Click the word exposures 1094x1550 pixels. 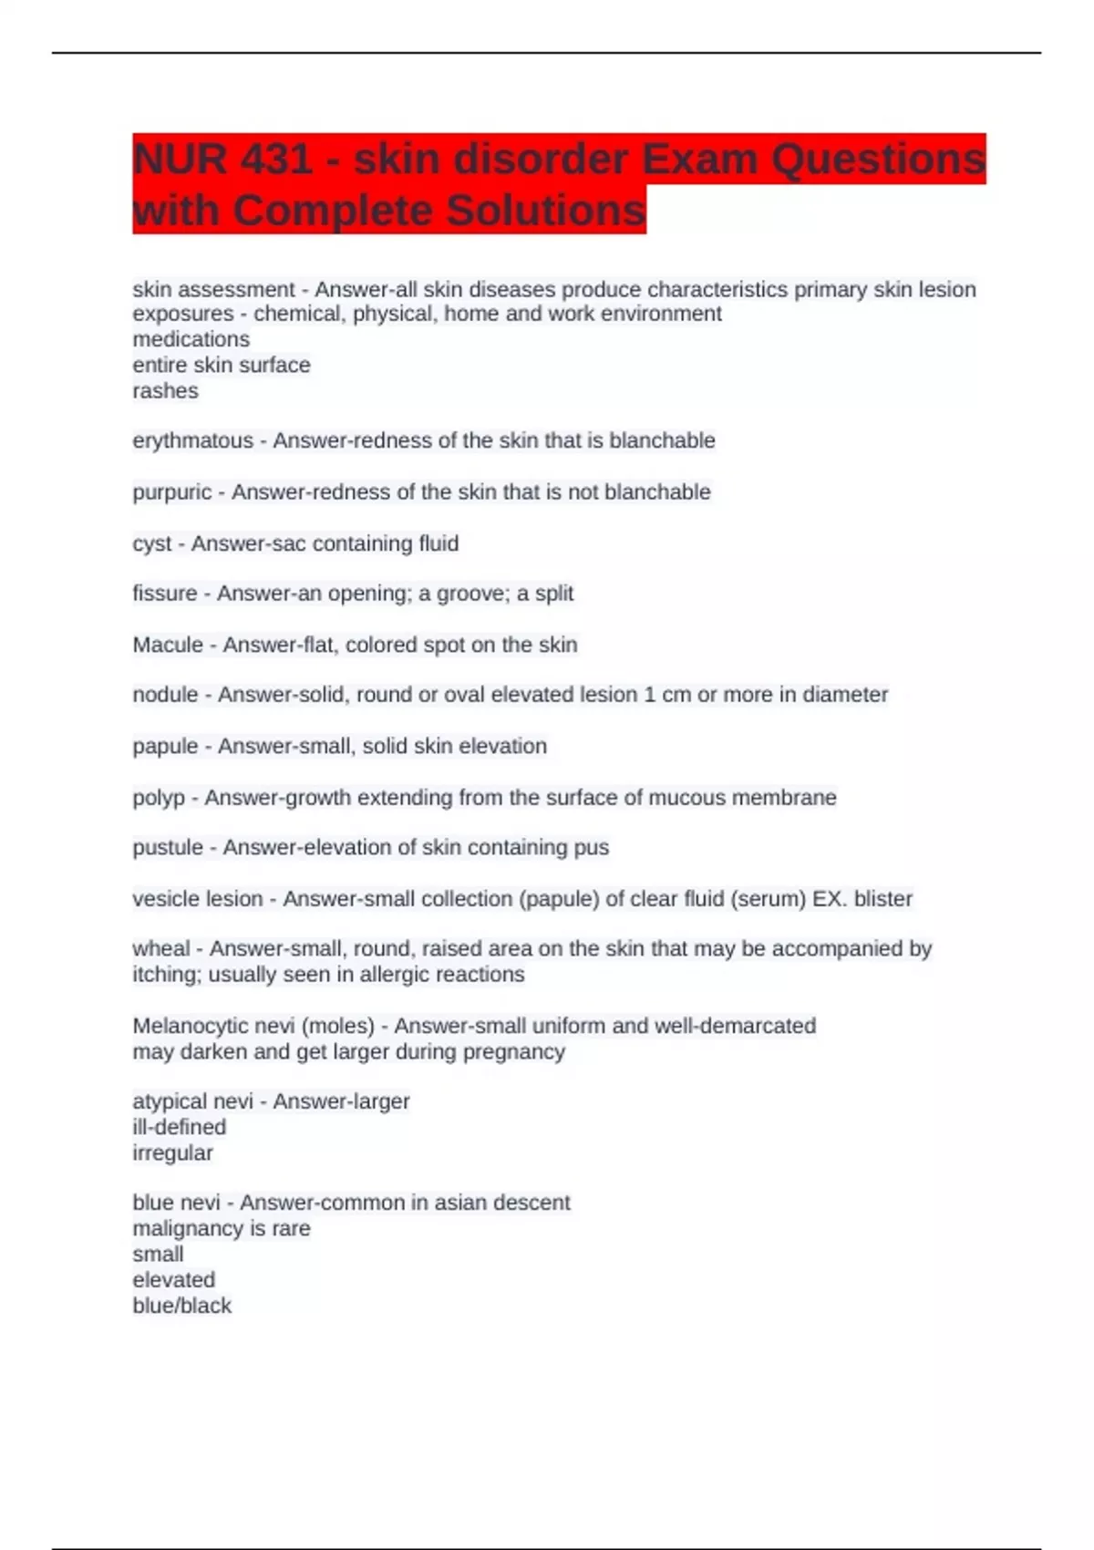coord(183,314)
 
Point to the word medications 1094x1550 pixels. coord(191,339)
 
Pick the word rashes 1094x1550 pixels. coord(165,391)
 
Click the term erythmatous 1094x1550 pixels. coord(193,440)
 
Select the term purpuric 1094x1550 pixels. coord(172,492)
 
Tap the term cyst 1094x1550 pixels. coord(151,544)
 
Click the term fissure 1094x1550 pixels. coord(165,594)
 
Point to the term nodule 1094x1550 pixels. coord(165,695)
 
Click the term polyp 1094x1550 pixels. coord(159,798)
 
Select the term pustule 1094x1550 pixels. coord(168,848)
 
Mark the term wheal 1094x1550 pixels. coord(161,949)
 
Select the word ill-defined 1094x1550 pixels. coord(180,1127)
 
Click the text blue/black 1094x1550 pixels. coord(182,1306)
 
